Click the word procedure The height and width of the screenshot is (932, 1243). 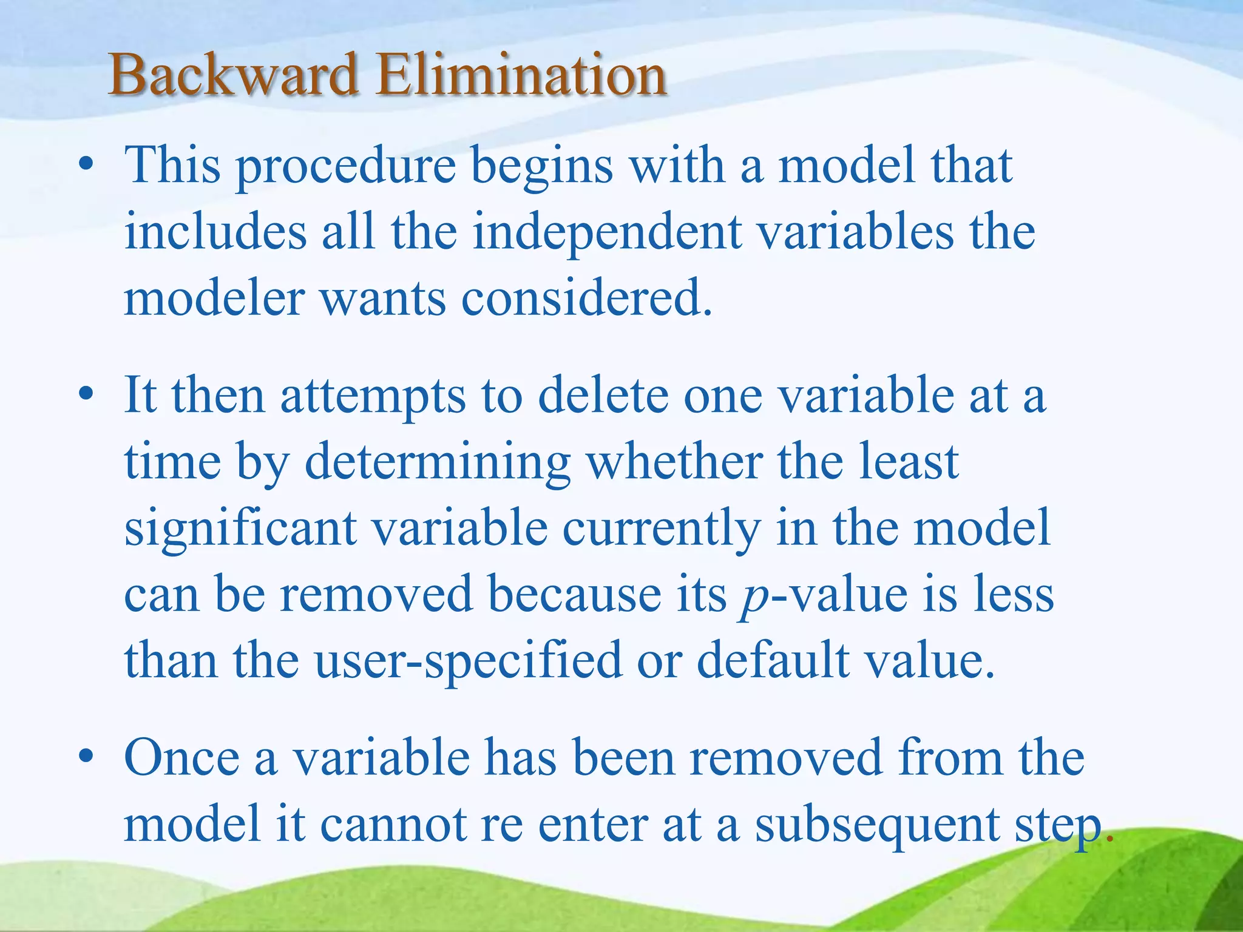coord(346,167)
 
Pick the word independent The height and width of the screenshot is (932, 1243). coord(607,234)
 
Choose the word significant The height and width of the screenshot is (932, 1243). coord(240,529)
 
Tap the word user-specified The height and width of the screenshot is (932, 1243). coord(468,662)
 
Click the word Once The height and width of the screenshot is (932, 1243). coord(181,758)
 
